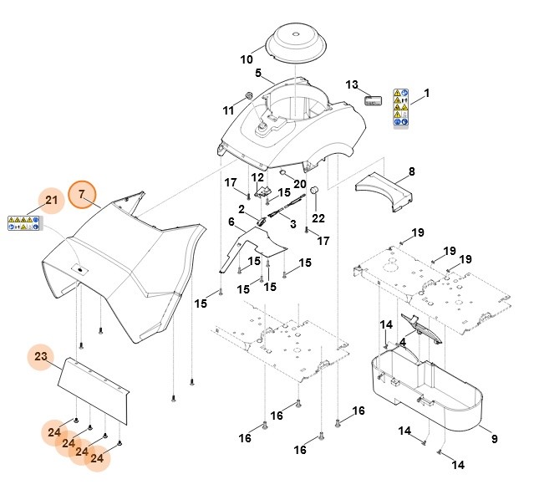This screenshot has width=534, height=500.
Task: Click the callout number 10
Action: pos(247,59)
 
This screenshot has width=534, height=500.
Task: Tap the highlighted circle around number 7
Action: pos(82,195)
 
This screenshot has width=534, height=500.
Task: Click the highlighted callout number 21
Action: pos(51,201)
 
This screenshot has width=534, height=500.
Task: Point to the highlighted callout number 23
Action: pos(41,357)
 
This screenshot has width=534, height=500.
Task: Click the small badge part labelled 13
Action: pos(373,99)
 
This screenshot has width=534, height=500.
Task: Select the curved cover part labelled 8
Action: pos(385,189)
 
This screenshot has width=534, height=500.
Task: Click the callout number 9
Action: pos(493,439)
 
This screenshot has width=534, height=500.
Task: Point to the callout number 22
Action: pos(318,219)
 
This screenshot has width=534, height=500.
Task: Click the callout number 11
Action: pos(228,110)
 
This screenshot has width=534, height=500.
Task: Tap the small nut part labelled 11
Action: pos(248,94)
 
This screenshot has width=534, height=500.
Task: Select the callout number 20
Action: pos(299,184)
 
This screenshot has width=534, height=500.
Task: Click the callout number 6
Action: pos(232,222)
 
